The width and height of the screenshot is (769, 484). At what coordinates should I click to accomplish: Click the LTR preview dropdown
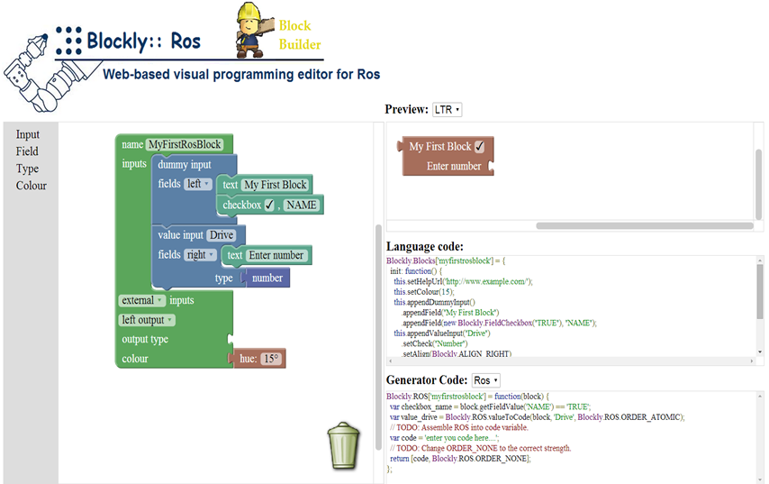tap(447, 109)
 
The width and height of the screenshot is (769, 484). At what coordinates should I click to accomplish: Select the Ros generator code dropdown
tap(485, 380)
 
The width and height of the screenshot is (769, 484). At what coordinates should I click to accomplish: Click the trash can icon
tap(343, 446)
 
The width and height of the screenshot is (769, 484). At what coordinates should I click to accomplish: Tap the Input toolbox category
tap(28, 135)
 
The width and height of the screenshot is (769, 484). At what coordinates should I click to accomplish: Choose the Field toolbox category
tap(27, 151)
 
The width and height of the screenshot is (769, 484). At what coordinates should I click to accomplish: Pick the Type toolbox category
tap(27, 169)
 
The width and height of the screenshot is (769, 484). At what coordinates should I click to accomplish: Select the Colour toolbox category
tap(32, 186)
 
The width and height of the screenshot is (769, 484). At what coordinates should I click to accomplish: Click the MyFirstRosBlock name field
tap(185, 144)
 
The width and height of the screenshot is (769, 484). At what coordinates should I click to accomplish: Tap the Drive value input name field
tap(221, 235)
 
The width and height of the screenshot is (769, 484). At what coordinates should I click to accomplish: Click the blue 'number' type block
tap(267, 279)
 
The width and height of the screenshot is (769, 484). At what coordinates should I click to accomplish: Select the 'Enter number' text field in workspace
tap(276, 255)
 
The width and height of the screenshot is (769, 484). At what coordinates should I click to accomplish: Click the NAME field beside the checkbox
tap(302, 205)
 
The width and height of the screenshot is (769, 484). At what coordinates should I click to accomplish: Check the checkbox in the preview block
tap(479, 147)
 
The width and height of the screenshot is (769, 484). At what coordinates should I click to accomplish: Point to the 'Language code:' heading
tap(424, 246)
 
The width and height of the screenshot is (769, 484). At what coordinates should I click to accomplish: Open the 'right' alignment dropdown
tap(198, 255)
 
